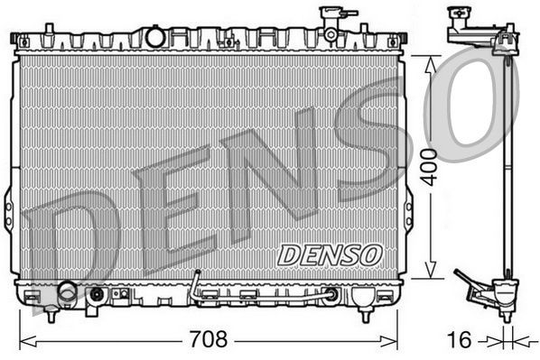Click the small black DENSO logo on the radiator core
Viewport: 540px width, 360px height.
(330, 254)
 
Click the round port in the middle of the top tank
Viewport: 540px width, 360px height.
(155, 37)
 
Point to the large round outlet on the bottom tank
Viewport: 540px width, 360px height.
(68, 291)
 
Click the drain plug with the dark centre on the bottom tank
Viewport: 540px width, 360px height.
(97, 293)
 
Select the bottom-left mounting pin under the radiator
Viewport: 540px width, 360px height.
(51, 315)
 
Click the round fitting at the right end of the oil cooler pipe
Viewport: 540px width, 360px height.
(332, 294)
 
